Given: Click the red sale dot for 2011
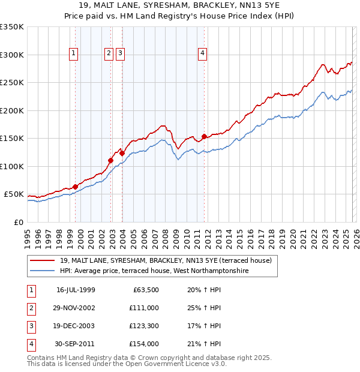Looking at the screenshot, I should (x=205, y=136).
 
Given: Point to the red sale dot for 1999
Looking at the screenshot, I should (x=76, y=187).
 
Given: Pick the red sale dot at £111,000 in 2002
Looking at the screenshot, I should (x=111, y=160).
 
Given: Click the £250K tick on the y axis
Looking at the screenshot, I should (x=12, y=82).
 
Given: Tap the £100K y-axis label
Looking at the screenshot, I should (x=12, y=166).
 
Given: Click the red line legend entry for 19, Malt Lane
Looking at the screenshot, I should (x=166, y=260).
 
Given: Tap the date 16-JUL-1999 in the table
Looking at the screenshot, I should (x=76, y=290).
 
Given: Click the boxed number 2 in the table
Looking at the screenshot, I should (x=31, y=308).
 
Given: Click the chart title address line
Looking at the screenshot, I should (x=180, y=5).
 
